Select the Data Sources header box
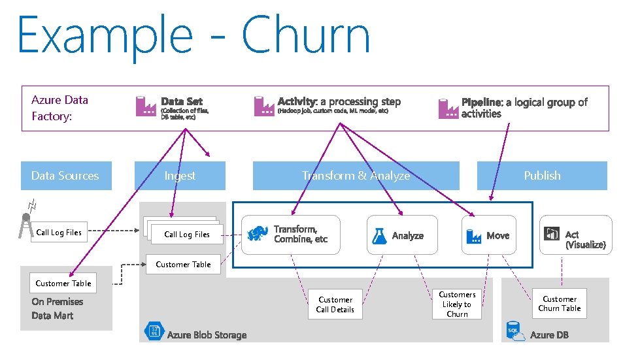pyautogui.click(x=66, y=176)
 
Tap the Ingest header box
pyautogui.click(x=180, y=176)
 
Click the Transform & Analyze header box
pyautogui.click(x=356, y=176)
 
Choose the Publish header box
pyautogui.click(x=542, y=176)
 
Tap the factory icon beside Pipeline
pyautogui.click(x=448, y=108)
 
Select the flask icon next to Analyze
pyautogui.click(x=379, y=236)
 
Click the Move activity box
pyautogui.click(x=488, y=235)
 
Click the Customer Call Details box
pyautogui.click(x=335, y=305)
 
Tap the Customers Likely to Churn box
pyautogui.click(x=457, y=304)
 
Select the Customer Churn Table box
pyautogui.click(x=559, y=304)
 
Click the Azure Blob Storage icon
pyautogui.click(x=154, y=332)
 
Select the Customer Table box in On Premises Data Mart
pyautogui.click(x=63, y=284)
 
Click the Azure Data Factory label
pyautogui.click(x=59, y=108)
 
